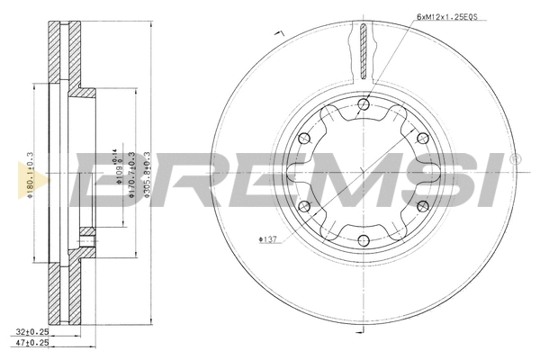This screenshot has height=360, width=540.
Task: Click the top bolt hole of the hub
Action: tap(363, 105)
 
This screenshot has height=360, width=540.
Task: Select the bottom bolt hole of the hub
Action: tap(363, 239)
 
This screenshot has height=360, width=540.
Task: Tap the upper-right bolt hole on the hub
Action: tap(421, 138)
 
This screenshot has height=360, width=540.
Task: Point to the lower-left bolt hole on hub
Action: tap(304, 206)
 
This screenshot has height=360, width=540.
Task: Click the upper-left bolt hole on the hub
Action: tap(304, 138)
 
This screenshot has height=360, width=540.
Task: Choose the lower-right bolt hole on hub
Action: tap(421, 206)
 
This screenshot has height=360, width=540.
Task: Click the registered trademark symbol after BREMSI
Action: tap(515, 159)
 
